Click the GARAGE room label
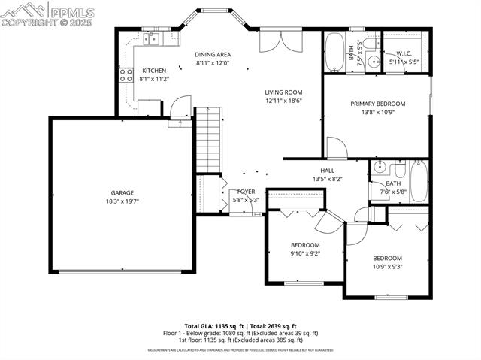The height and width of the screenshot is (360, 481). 123,192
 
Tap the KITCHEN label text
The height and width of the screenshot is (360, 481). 154,70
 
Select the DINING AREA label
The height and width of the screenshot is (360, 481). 213,54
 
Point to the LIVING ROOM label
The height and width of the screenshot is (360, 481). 283,92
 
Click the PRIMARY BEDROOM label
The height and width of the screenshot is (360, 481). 377,104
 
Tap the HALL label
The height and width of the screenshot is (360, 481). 327,171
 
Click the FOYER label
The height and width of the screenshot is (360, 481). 246,192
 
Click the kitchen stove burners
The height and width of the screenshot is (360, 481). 125,74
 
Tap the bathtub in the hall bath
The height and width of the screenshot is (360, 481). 419,181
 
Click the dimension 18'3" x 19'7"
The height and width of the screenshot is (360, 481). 123,201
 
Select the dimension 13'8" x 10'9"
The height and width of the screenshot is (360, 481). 377,113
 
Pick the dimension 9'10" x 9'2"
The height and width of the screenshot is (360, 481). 305,254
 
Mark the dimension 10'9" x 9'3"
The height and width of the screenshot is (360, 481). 387,266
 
